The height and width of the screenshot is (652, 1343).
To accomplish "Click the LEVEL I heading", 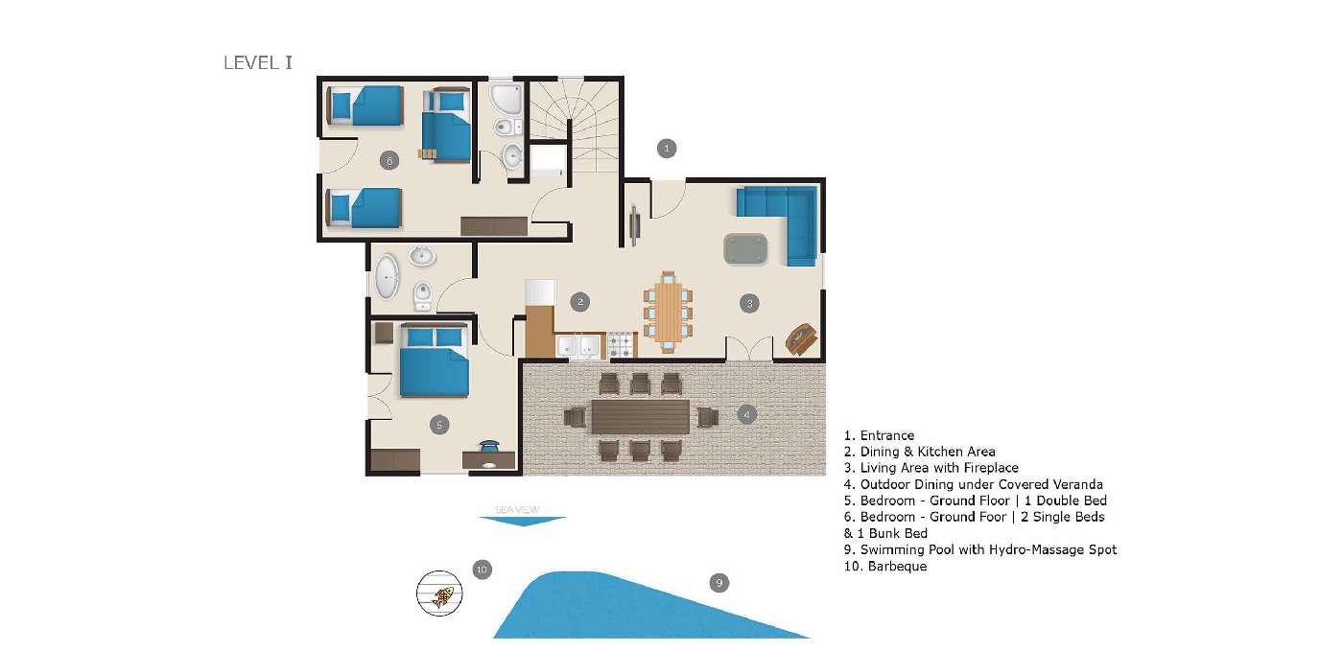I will pos(257,63).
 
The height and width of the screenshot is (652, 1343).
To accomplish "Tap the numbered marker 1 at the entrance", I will pos(667,148).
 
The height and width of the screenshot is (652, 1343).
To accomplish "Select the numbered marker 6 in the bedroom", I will pos(389,160).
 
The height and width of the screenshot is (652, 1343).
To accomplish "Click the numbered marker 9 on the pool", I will pos(718,582).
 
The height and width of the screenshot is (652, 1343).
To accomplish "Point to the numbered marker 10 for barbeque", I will pos(482,570).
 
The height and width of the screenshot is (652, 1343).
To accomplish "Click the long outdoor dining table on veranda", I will pos(640,416).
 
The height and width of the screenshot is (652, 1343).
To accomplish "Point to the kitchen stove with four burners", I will pos(621,344).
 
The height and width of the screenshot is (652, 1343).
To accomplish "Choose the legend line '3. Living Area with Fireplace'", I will pos(931,468).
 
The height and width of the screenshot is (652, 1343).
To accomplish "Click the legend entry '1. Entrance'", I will pos(879,435).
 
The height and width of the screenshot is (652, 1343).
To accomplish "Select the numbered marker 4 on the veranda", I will pos(747,415).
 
